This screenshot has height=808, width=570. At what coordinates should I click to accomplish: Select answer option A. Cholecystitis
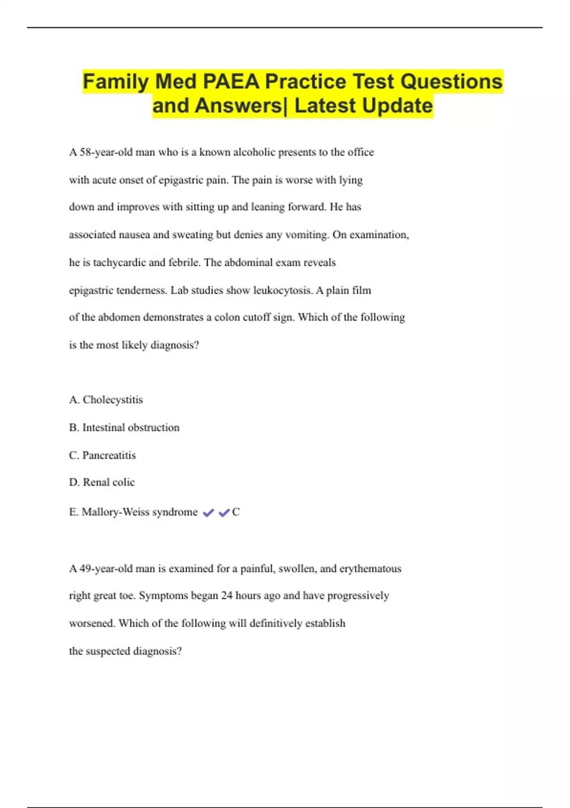[106, 400]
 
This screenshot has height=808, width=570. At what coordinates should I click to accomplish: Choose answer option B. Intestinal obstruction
[124, 428]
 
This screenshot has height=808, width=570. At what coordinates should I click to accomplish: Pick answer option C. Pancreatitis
[103, 455]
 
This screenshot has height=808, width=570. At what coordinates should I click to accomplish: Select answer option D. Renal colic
[102, 482]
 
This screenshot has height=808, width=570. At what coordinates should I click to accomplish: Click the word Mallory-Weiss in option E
[115, 512]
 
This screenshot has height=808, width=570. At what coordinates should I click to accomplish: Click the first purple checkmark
[208, 512]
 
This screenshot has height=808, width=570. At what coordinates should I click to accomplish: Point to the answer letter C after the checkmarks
[236, 512]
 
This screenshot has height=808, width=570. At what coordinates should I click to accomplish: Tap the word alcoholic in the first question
[254, 153]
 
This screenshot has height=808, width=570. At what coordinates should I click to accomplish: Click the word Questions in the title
[451, 82]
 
